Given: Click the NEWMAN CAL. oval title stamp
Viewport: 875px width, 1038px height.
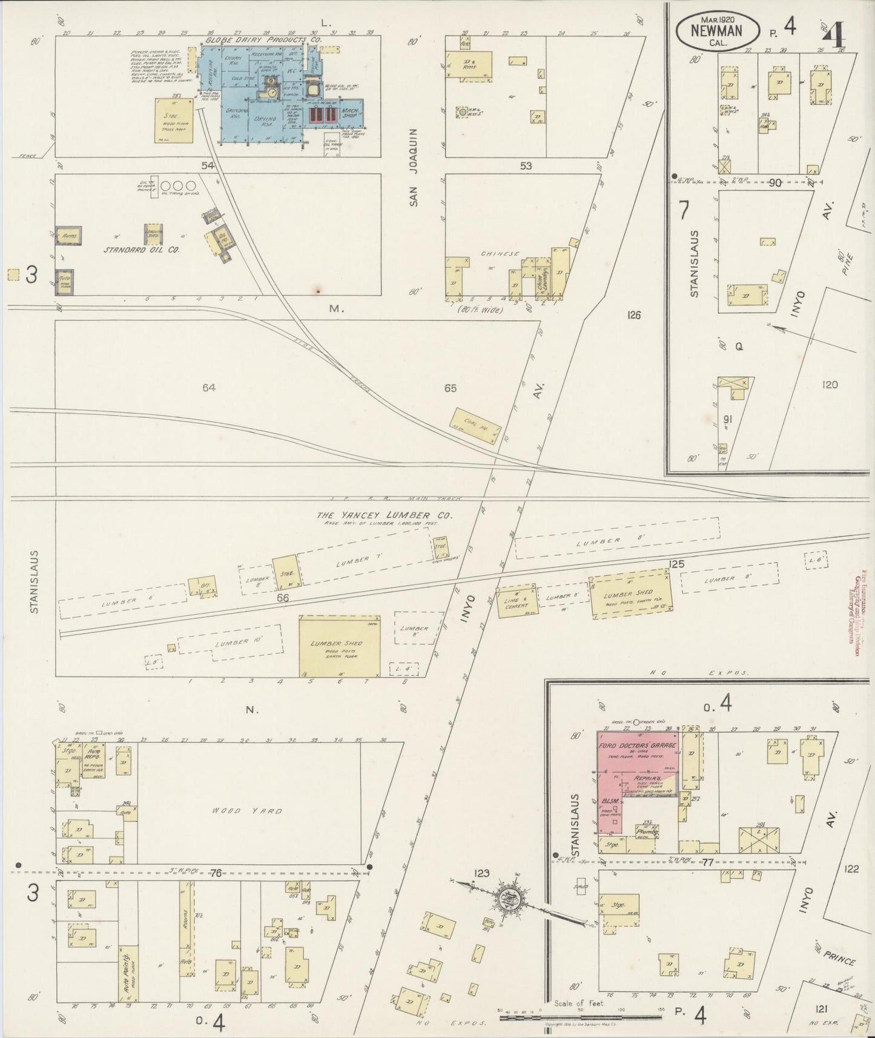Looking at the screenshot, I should point(718,29).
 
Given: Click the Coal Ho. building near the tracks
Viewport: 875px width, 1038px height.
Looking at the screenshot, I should point(476,422).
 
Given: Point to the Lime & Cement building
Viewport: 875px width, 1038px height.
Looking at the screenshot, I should point(517,601).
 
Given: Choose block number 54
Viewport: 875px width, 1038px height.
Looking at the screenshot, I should point(208,165).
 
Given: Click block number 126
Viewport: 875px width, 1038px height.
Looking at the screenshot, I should point(634,315).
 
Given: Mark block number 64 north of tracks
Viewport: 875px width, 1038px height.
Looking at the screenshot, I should point(210,388).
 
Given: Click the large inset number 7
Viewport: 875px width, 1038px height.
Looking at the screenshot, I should point(684,211).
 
